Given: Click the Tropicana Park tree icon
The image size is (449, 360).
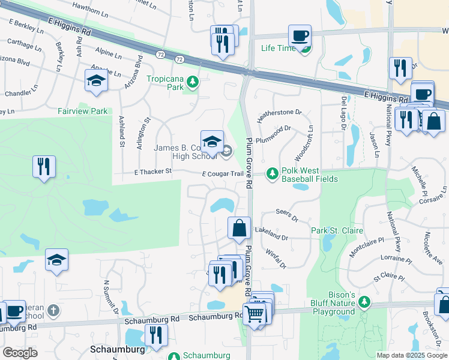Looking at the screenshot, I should (192, 80).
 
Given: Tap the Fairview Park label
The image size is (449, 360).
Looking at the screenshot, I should (83, 111).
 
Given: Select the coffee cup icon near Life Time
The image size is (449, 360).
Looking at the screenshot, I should (300, 35).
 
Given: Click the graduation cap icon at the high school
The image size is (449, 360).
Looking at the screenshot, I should (212, 142).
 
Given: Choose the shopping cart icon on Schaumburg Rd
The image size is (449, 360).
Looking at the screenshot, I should (255, 313).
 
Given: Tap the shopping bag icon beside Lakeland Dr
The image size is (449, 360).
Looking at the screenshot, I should (239, 228).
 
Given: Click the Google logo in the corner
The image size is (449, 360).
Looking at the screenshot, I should (20, 352).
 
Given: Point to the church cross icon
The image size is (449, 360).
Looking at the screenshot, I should (53, 310).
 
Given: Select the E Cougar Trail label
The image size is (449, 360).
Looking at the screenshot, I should (223, 174).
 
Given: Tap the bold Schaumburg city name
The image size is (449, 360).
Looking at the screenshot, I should (119, 349).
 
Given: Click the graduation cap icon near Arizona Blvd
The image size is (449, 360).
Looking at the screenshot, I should (95, 80).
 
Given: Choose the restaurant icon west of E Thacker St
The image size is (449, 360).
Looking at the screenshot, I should (44, 166).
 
